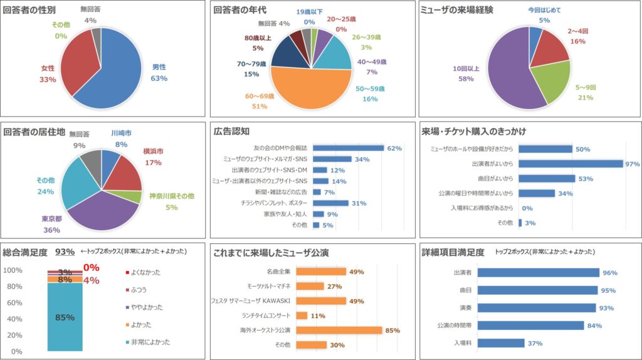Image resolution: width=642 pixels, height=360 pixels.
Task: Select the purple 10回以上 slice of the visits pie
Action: pos(508,75)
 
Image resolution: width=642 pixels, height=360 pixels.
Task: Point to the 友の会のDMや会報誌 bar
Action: pos(348,148)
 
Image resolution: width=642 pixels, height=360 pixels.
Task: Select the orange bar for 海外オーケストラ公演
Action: pos(339,330)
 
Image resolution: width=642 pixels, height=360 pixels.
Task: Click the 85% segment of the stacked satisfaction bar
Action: pos(65,317)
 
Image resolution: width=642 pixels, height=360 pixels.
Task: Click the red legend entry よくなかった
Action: pos(146,272)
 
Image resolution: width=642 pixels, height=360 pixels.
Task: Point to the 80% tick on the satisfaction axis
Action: pos(13,287)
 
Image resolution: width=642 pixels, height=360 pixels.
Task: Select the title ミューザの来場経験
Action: pos(457,10)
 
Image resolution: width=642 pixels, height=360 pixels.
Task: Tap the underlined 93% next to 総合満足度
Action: pos(65,252)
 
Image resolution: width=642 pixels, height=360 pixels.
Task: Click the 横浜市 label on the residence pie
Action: pos(152,151)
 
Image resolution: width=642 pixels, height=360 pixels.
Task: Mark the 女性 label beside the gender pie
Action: pos(48,68)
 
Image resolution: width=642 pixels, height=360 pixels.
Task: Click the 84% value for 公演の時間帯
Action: pos(594,326)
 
